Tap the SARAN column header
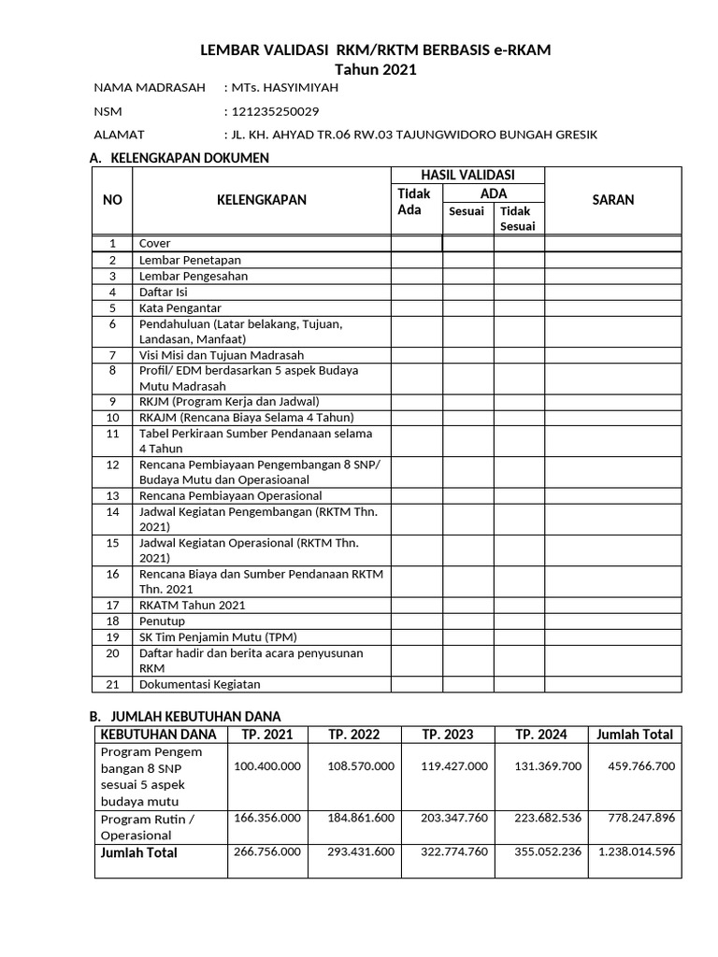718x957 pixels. [613, 200]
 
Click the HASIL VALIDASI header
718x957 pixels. [467, 175]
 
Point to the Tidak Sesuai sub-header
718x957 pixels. [518, 219]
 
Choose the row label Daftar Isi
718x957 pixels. [164, 292]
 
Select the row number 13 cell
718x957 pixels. [113, 495]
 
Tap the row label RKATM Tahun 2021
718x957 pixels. [192, 606]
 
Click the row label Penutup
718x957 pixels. [161, 621]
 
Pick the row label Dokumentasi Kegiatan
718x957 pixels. [199, 684]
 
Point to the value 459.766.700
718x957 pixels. [640, 766]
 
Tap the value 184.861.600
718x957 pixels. [361, 818]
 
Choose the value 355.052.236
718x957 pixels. [548, 852]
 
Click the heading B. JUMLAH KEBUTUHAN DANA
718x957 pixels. [185, 716]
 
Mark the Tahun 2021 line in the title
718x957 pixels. [376, 69]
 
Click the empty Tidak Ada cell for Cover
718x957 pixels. [416, 244]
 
